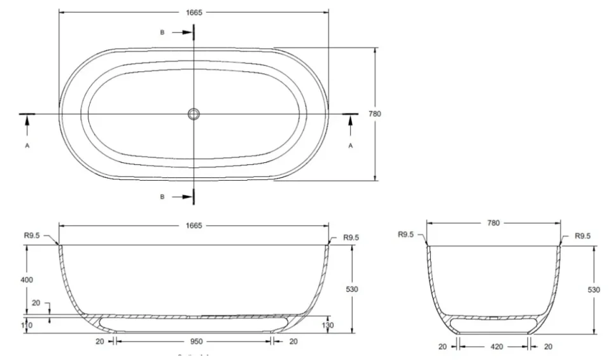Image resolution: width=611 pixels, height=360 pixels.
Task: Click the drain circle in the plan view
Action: point(193,114)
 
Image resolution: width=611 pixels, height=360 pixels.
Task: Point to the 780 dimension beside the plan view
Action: point(375,114)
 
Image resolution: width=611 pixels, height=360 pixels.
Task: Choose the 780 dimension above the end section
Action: point(493,223)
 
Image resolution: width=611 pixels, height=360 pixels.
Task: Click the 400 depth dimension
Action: point(27,280)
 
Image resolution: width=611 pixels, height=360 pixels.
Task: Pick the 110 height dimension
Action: point(27,325)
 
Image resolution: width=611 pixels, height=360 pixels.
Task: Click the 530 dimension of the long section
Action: point(352,289)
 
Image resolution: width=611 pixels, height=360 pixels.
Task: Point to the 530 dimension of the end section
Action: point(593,289)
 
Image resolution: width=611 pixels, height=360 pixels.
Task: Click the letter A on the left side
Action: point(27,145)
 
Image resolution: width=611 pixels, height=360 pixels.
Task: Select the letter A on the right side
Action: point(350,145)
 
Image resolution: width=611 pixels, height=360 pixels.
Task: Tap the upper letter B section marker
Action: point(162,32)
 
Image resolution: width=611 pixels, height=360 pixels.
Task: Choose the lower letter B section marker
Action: point(162,197)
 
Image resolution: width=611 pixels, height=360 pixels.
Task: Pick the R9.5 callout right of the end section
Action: point(582,235)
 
